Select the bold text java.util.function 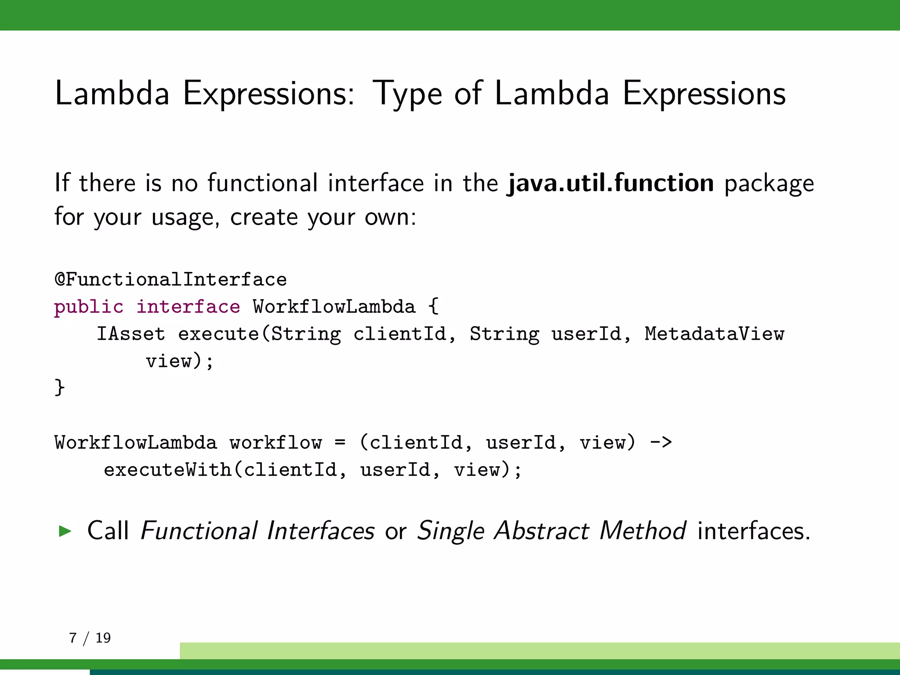(x=610, y=183)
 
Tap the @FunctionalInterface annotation (x=171, y=279)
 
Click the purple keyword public (x=89, y=307)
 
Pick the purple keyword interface (x=188, y=307)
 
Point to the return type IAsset (x=131, y=334)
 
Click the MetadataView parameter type (x=714, y=334)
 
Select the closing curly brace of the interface (x=60, y=388)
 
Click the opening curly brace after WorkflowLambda (x=433, y=306)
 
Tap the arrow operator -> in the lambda (x=660, y=442)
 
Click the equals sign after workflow (x=340, y=442)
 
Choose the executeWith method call (x=168, y=470)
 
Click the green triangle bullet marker (x=65, y=531)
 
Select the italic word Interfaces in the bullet (x=320, y=531)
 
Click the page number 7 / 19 (x=90, y=638)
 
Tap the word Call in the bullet (x=108, y=531)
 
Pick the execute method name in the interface (x=219, y=334)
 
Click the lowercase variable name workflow (x=276, y=443)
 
